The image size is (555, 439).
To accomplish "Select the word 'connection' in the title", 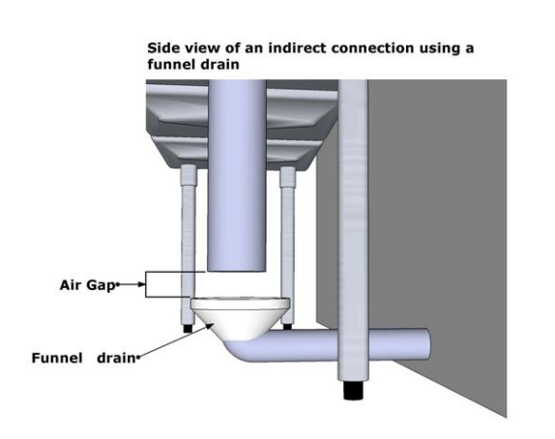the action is pos(372,47).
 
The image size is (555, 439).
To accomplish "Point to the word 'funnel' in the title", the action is pos(170,65).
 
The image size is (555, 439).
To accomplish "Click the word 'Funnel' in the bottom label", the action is pos(57,358).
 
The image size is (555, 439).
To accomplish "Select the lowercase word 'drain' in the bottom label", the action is pos(116,358).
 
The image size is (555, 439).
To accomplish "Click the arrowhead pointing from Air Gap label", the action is pos(142,284).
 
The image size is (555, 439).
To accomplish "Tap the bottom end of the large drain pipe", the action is pos(237,269).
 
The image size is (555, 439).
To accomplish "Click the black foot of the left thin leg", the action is pos(188,329).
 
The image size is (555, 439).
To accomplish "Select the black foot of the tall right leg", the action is pos(353,390).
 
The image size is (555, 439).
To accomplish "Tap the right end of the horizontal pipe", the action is pos(427,344).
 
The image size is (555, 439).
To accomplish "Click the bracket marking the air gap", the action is pos(146,284).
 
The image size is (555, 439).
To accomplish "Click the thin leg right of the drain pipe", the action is pos(287,246).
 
